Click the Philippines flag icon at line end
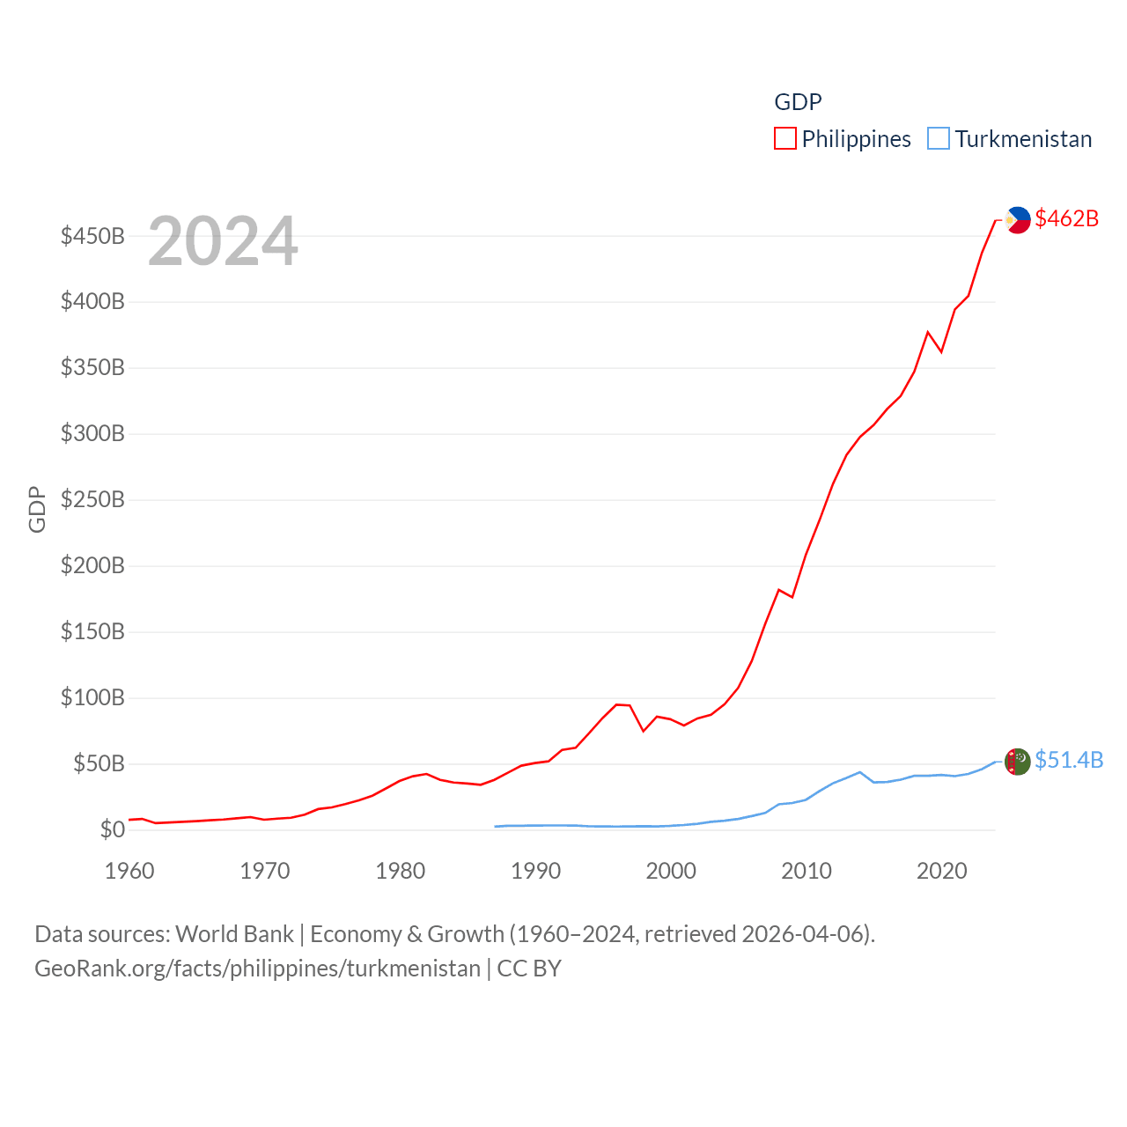coord(1018,220)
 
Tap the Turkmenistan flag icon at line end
coord(1018,762)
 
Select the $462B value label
coord(1067,218)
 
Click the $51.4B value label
coord(1069,760)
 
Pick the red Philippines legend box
coord(785,139)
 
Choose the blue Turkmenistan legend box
coord(939,139)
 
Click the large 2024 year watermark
coord(223,241)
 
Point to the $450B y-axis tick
coord(92,236)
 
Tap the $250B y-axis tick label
coord(92,500)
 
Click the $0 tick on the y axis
coord(113,829)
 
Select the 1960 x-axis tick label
coord(129,871)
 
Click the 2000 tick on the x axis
coord(671,871)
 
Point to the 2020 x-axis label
coord(942,871)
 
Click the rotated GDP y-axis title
coord(37,509)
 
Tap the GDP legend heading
coord(798,102)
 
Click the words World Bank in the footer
coord(234,933)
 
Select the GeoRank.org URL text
coord(257,969)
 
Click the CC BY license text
coord(529,969)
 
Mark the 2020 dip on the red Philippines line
coord(941,351)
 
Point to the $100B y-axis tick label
coord(92,698)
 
